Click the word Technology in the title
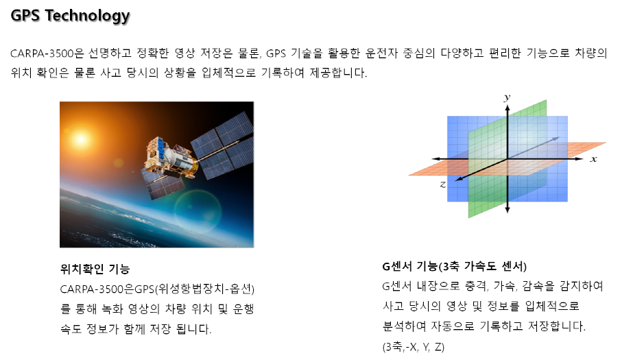point(88,16)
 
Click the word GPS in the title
point(25,15)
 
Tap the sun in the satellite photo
point(80,140)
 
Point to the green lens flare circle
point(198,211)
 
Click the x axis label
point(593,159)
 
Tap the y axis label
point(508,97)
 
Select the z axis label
point(443,184)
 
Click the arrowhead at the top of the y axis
point(508,108)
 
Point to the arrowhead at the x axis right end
point(580,158)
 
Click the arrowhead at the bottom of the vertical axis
point(508,209)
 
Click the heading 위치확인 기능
point(95,269)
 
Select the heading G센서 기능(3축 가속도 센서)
point(454,267)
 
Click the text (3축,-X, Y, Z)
point(413,347)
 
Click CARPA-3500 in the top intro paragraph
point(42,53)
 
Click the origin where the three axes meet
point(508,159)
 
